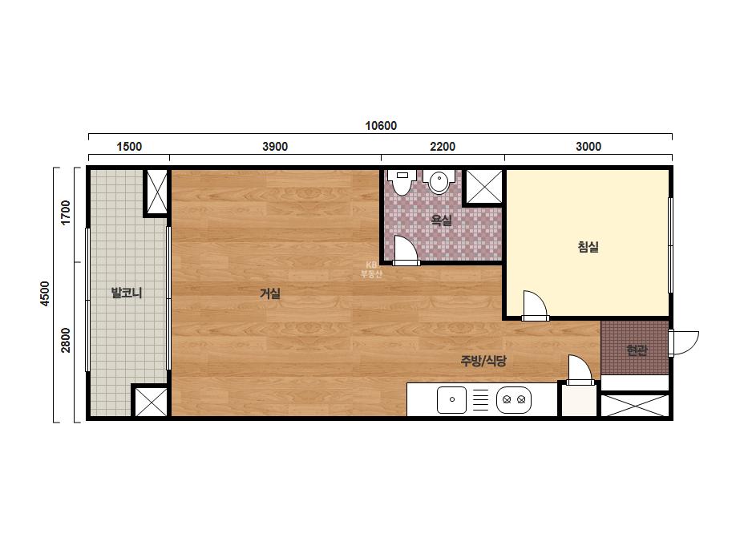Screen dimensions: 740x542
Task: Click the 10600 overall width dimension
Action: [x=381, y=126]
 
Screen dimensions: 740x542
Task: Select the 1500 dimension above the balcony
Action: [x=129, y=147]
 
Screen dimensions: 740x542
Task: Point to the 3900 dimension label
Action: [x=275, y=147]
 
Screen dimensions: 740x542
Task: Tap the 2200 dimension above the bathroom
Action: [x=443, y=147]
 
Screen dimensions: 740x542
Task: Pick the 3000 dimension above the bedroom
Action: [x=588, y=147]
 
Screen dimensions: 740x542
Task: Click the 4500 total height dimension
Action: [x=45, y=293]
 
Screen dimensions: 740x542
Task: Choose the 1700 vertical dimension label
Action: [x=66, y=213]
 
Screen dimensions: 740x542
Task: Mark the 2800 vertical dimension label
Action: [x=66, y=340]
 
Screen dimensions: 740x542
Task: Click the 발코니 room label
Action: [x=127, y=293]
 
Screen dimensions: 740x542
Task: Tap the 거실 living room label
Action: [x=270, y=293]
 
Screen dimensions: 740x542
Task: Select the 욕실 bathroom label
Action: [x=442, y=220]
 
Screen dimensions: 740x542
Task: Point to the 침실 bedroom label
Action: [x=588, y=246]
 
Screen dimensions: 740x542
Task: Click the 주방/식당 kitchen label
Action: [x=483, y=361]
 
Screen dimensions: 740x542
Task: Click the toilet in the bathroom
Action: [x=402, y=182]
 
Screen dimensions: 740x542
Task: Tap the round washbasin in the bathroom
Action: [x=439, y=182]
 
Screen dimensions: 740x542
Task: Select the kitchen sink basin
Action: [x=451, y=400]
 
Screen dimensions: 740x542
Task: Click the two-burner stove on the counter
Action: [x=514, y=400]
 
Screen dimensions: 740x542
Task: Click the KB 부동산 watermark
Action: [x=371, y=269]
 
